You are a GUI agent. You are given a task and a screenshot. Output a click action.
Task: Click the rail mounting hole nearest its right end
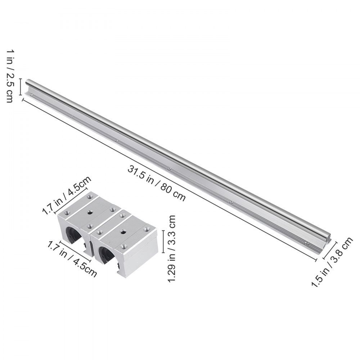[306, 244]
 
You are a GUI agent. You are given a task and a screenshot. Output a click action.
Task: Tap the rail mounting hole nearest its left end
[32, 95]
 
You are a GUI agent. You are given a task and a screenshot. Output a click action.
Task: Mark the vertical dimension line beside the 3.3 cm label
[164, 242]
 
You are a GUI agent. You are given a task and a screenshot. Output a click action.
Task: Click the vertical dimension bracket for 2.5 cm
[21, 88]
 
